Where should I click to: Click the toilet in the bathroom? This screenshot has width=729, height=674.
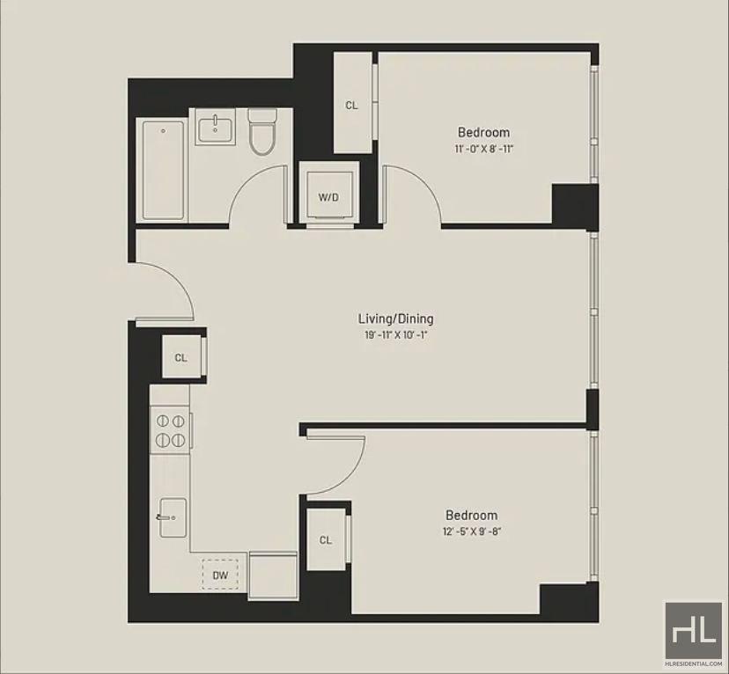point(262,131)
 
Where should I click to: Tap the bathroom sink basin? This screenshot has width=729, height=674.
point(215,130)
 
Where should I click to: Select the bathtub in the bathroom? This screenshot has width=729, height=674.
point(163,170)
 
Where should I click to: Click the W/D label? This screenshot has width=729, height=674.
point(328,197)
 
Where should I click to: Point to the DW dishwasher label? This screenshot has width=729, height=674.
point(220,575)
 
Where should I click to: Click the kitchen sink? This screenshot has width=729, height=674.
point(173,517)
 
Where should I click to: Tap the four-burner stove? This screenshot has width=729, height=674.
point(170,430)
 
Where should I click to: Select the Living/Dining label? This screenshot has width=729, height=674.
point(395,319)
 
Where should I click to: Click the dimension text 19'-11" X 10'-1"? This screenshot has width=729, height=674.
point(395,335)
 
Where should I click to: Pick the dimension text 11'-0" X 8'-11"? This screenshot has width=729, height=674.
point(484,149)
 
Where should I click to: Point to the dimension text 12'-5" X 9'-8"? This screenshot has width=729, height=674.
point(472,531)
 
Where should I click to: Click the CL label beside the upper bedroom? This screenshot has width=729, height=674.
point(351,106)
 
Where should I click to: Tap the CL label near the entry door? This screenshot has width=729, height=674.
point(180,357)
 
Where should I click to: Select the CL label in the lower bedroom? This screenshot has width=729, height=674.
point(326,539)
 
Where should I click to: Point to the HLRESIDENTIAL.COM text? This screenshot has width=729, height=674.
point(694,663)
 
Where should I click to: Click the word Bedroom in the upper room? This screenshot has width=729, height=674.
point(484,132)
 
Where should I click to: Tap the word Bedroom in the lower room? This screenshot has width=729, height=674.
point(472,515)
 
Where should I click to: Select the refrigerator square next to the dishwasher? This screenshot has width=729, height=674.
point(273,575)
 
